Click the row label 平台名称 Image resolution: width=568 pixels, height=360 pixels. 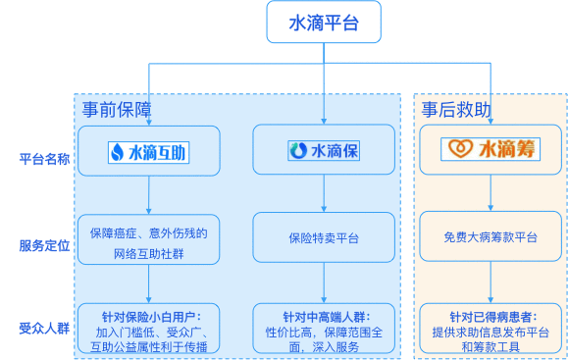(x=44, y=159)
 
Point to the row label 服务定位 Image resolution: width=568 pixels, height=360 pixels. (x=44, y=245)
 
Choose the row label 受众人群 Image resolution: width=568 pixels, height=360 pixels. (x=44, y=327)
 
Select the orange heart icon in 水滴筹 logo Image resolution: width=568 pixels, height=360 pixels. (x=458, y=150)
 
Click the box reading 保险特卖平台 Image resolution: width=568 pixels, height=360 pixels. (x=323, y=236)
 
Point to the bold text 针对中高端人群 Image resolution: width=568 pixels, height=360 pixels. (x=323, y=317)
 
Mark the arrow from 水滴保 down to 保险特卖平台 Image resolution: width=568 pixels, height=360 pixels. (x=323, y=196)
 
